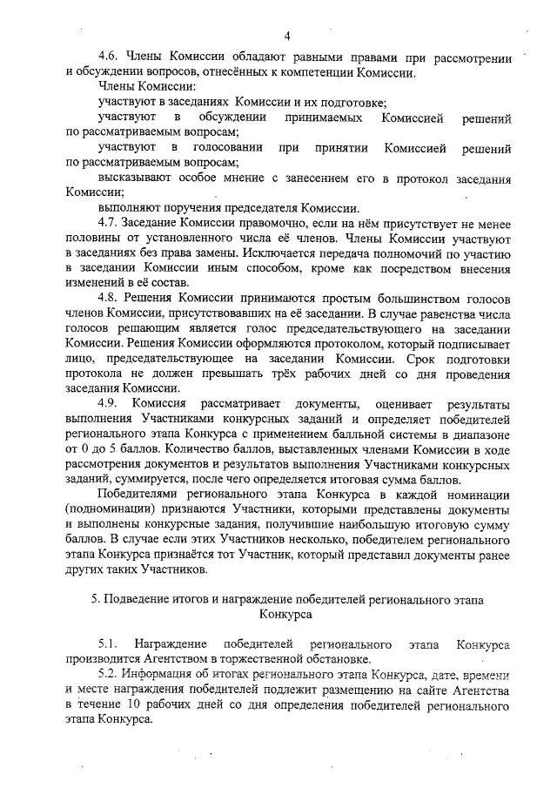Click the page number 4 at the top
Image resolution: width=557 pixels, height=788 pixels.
(286, 36)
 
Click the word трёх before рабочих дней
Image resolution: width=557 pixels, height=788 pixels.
(268, 373)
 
